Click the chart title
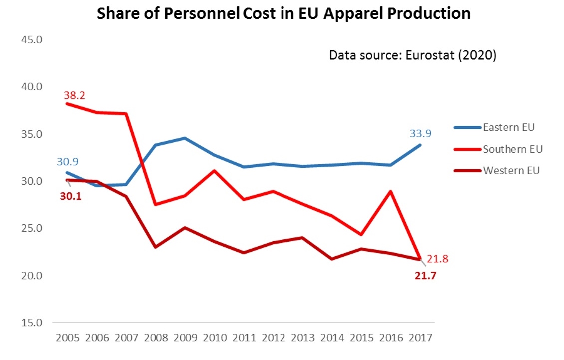[x=283, y=13]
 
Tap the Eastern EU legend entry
[x=508, y=127]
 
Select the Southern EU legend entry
[x=512, y=149]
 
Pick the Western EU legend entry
[x=511, y=170]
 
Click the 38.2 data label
[x=74, y=95]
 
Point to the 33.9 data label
[x=420, y=133]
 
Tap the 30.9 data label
[x=67, y=162]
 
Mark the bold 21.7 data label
[x=426, y=275]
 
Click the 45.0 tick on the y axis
[x=31, y=40]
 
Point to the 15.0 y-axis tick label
[x=31, y=323]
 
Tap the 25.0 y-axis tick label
[x=31, y=228]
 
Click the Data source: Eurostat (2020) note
[x=412, y=55]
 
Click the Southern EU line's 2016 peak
[x=391, y=191]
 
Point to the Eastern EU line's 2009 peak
[x=185, y=138]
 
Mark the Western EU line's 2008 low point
[x=156, y=247]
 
